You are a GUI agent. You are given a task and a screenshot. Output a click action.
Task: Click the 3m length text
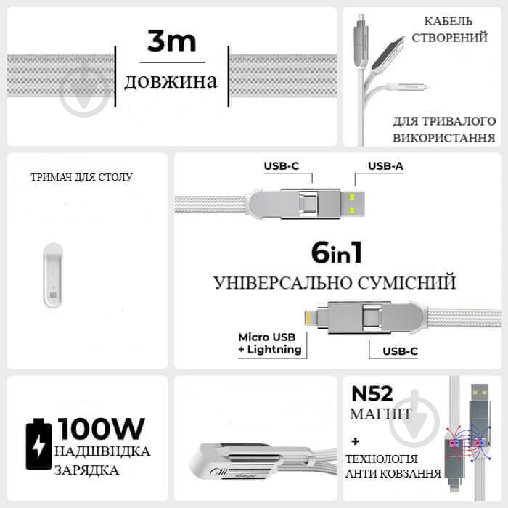(171, 41)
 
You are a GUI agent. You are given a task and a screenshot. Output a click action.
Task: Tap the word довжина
(171, 81)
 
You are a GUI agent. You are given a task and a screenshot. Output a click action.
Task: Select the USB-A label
(385, 166)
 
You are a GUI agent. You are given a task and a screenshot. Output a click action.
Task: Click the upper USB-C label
(281, 166)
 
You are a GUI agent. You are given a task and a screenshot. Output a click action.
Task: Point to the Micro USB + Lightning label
(269, 343)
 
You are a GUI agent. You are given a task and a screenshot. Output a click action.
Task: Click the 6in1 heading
(336, 253)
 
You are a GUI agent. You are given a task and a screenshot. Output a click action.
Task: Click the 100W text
(102, 428)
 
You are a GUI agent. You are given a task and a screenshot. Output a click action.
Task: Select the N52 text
(372, 393)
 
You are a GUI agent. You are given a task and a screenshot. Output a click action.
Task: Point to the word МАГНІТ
(382, 414)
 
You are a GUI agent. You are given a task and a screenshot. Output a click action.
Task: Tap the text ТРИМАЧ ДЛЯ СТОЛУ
(82, 176)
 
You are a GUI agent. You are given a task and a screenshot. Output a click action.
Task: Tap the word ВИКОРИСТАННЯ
(443, 137)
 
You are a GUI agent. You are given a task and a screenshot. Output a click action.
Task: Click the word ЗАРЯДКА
(86, 470)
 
